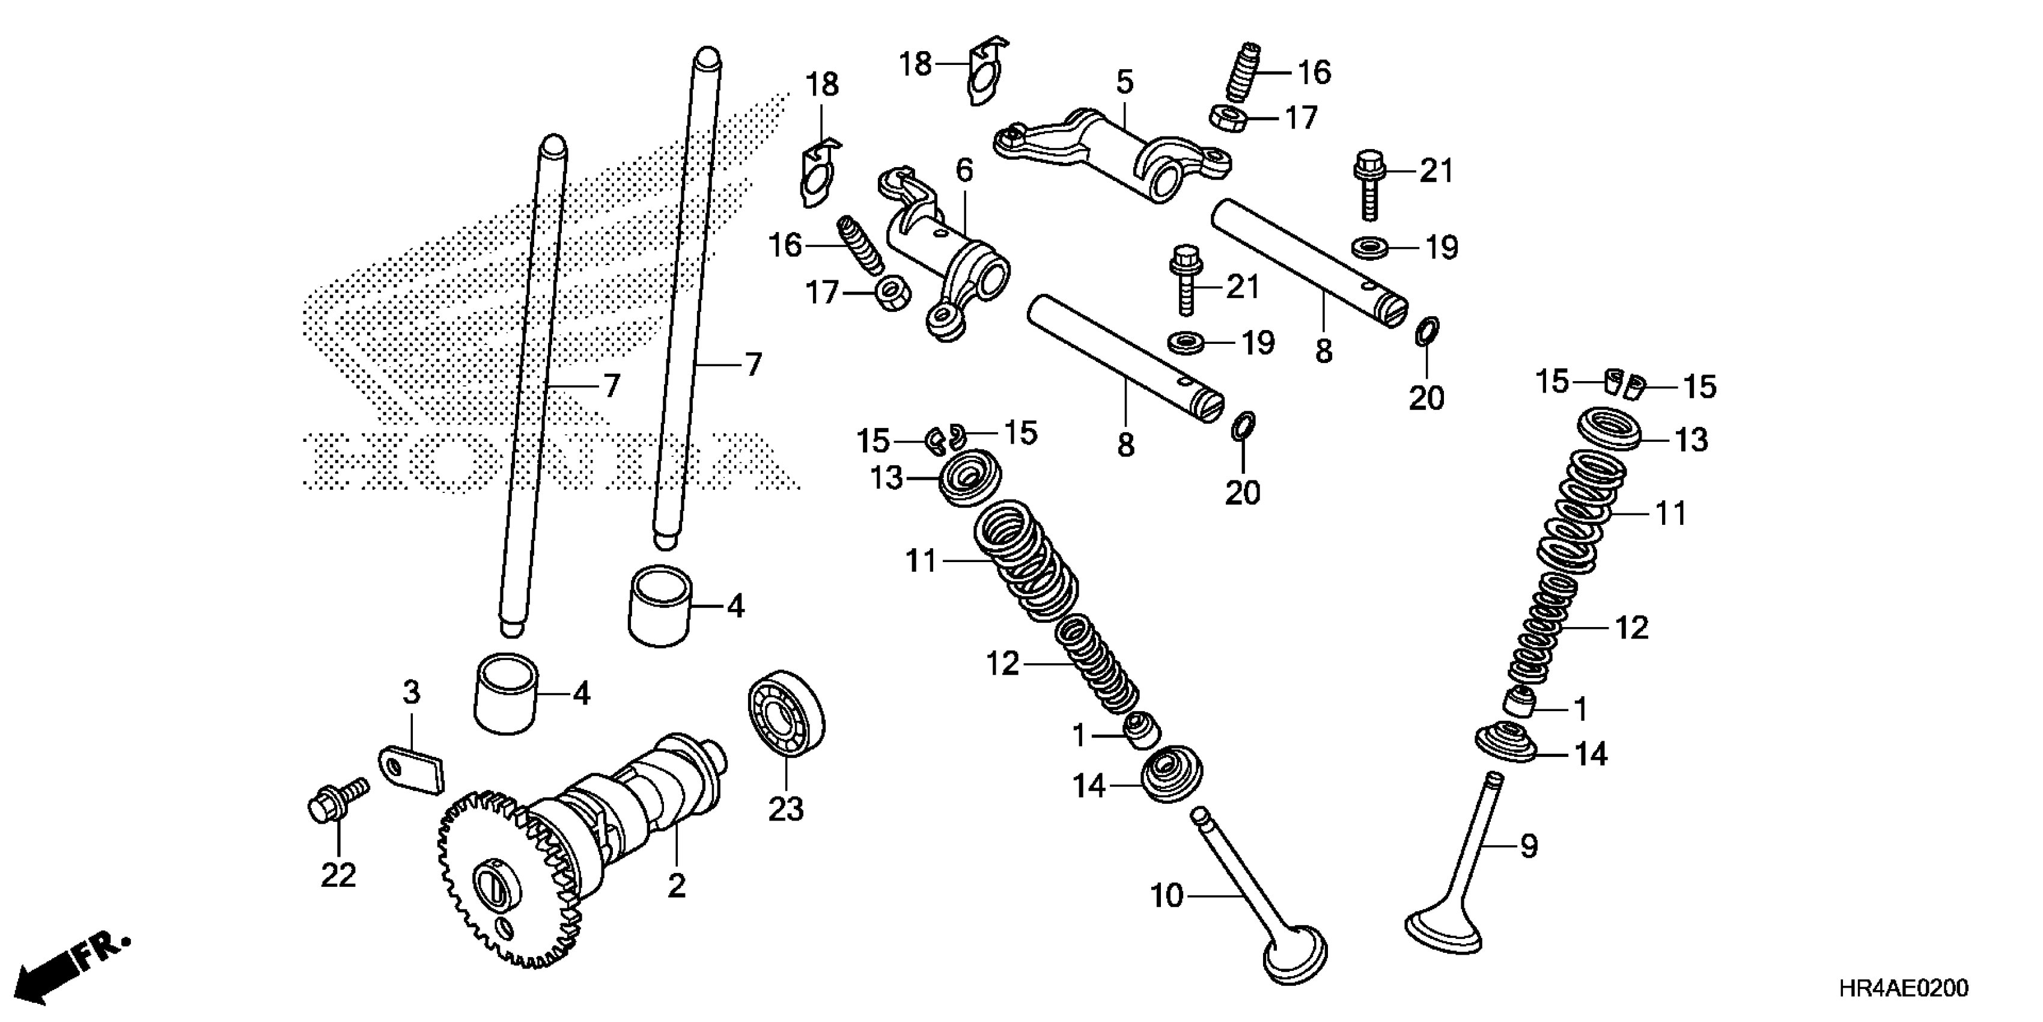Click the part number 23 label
click(x=785, y=810)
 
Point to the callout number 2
click(x=676, y=886)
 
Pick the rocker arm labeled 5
click(x=1110, y=155)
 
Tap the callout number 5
click(x=1125, y=81)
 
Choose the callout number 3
click(x=411, y=693)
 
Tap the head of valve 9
click(x=1442, y=932)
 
